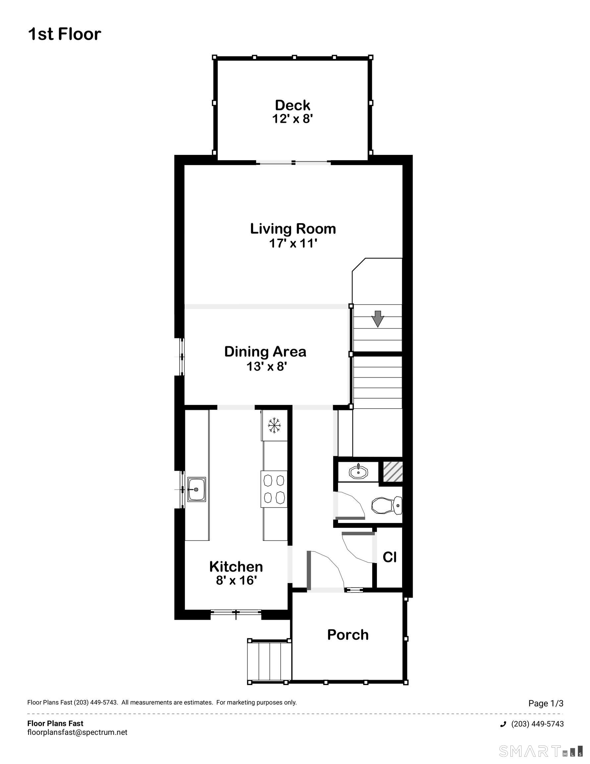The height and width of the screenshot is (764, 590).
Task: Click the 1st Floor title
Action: pyautogui.click(x=64, y=34)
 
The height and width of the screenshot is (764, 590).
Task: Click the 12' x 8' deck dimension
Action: pyautogui.click(x=292, y=119)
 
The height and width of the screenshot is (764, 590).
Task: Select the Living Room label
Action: pyautogui.click(x=293, y=229)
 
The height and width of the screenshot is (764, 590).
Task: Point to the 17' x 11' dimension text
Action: pyautogui.click(x=293, y=243)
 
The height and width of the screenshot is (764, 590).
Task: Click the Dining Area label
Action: pyautogui.click(x=265, y=351)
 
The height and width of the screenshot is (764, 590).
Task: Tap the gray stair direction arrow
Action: pyautogui.click(x=377, y=319)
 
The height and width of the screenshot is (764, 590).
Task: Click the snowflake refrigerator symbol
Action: pyautogui.click(x=274, y=425)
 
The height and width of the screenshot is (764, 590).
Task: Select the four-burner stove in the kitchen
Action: pyautogui.click(x=274, y=489)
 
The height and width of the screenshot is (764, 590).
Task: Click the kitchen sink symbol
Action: pyautogui.click(x=196, y=489)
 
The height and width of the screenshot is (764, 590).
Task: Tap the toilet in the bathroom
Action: pyautogui.click(x=386, y=505)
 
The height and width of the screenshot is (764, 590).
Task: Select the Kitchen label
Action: pyautogui.click(x=236, y=566)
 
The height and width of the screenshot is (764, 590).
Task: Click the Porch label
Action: pyautogui.click(x=348, y=635)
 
